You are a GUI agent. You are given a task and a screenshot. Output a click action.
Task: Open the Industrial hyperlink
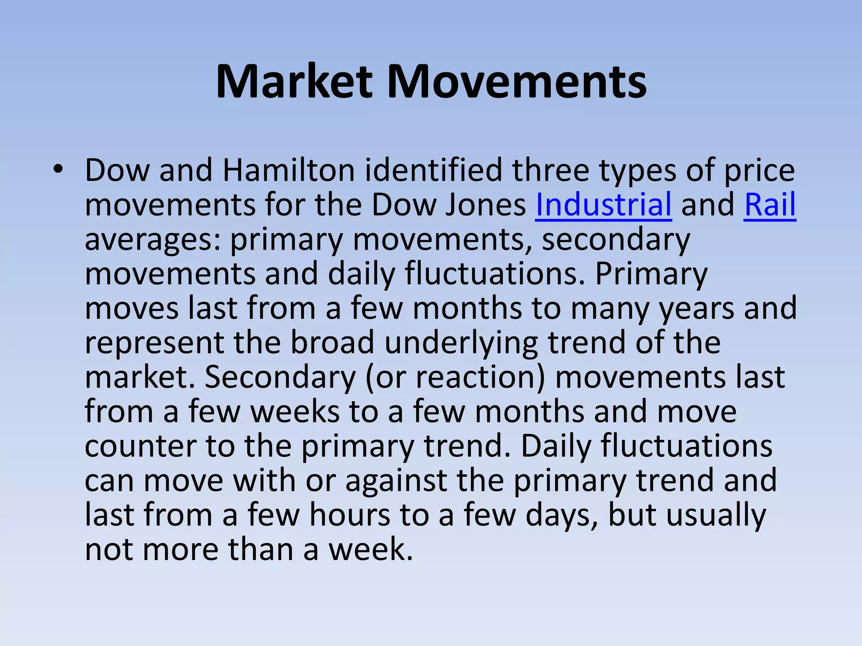(603, 205)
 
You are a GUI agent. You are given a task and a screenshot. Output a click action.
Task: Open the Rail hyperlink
(770, 205)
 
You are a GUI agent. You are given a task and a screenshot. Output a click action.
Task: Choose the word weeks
(295, 412)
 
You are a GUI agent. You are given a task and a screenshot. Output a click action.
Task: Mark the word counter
(140, 446)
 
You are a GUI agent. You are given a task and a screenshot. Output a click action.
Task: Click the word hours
(350, 515)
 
